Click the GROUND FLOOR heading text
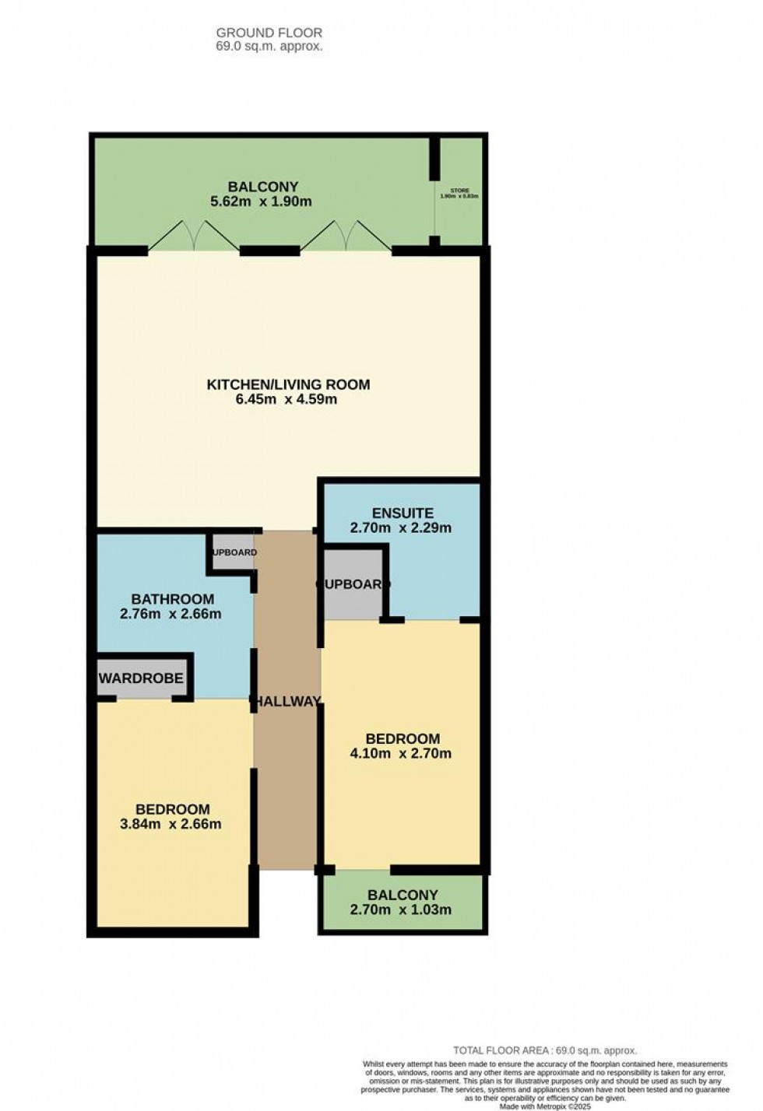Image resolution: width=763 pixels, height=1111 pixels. [x=269, y=33]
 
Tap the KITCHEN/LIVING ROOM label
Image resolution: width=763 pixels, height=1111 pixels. [x=288, y=384]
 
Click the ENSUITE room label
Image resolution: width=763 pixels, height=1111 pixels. [x=402, y=513]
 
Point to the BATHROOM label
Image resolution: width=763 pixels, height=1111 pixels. [x=172, y=599]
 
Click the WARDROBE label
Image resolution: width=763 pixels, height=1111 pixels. [x=141, y=678]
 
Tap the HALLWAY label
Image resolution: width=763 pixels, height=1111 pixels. [x=287, y=701]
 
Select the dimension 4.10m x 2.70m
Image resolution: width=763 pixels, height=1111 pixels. [x=402, y=753]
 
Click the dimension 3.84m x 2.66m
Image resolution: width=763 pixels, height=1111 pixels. [x=171, y=824]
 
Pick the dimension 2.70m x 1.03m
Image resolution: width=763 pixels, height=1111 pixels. [x=402, y=909]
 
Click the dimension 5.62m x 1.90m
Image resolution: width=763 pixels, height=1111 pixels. [x=262, y=202]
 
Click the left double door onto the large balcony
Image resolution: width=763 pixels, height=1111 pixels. [x=194, y=236]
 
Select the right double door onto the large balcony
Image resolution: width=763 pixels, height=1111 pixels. [x=346, y=236]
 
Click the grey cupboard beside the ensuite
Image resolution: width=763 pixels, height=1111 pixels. [x=352, y=584]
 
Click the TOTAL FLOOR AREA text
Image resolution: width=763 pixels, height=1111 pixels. [x=544, y=1050]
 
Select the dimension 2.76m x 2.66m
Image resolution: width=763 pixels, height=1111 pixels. [x=171, y=614]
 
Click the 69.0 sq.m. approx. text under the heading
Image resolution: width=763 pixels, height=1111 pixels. [x=269, y=46]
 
